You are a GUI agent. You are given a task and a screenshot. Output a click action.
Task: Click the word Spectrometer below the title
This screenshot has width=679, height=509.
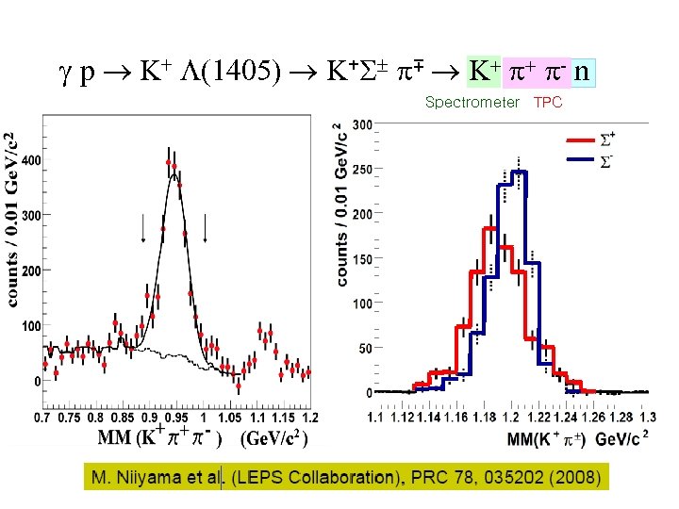coord(472,102)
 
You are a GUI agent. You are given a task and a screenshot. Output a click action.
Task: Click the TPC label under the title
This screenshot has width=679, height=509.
coord(548,102)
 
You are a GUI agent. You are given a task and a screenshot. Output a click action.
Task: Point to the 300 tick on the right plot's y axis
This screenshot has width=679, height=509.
coord(362,124)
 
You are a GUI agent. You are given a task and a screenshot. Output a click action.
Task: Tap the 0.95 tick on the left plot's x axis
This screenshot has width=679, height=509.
coord(173,418)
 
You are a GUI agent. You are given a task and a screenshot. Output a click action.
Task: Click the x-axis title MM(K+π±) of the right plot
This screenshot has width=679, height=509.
coord(547,439)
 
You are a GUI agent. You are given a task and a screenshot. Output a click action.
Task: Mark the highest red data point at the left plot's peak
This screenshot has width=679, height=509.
coord(169,162)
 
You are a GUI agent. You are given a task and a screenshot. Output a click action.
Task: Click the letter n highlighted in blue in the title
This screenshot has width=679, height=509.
coord(584,72)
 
